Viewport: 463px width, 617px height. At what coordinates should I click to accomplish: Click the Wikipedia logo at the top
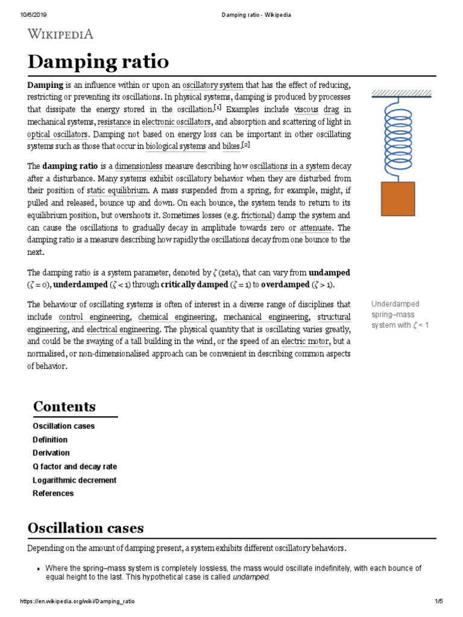coord(60,34)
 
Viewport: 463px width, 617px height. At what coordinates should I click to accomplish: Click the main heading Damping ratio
coord(98,62)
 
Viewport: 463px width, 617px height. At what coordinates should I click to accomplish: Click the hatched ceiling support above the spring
coord(402,93)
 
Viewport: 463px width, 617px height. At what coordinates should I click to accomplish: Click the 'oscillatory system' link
coord(212,86)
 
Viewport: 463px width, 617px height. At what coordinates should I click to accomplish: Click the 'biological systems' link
coord(175,146)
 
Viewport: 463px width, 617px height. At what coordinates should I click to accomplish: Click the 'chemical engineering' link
coord(177,317)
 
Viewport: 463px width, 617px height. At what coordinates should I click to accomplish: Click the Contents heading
coord(64,406)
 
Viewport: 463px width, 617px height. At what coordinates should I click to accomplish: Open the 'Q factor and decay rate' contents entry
coord(75,466)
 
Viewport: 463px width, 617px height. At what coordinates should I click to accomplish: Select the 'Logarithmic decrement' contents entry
coord(74,480)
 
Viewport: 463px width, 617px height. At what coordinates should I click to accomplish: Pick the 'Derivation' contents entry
coord(51,453)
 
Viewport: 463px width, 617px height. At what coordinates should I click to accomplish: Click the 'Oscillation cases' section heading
coord(86,528)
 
